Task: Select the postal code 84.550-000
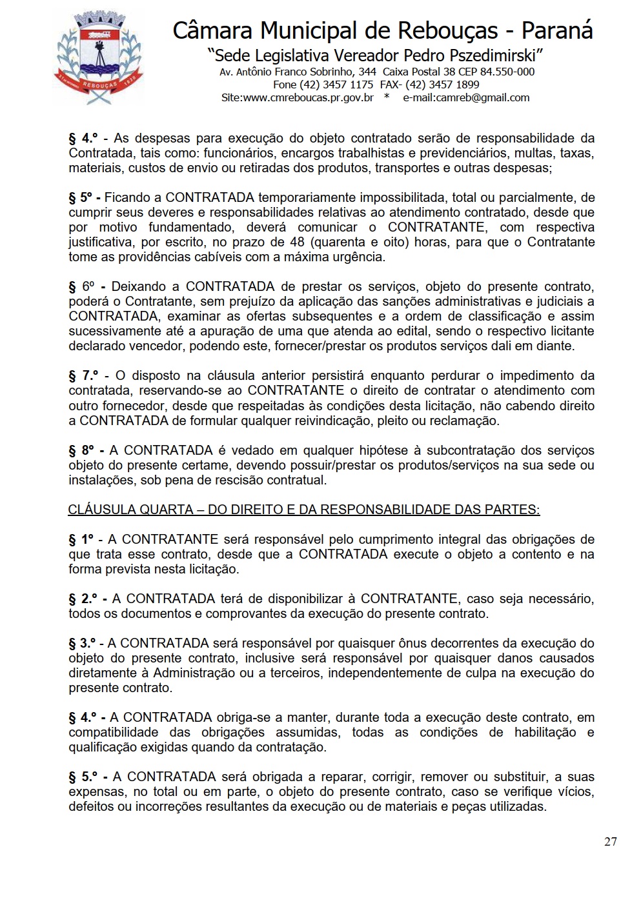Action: pos(507,72)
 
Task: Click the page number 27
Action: pos(610,841)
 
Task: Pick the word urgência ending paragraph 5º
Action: pos(359,257)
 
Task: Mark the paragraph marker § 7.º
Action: pos(83,375)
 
